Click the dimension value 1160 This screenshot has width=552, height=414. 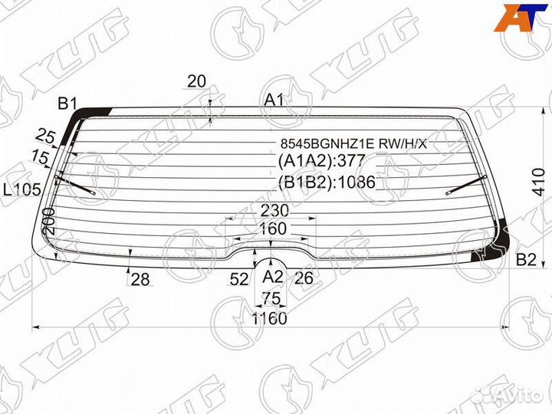point(270,319)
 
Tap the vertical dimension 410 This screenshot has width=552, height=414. point(539,182)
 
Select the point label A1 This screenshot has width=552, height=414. point(274,100)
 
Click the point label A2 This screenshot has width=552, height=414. point(273,277)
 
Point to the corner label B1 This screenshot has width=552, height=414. point(67,103)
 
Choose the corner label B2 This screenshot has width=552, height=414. point(526,259)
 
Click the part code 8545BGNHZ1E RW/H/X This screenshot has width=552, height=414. point(353,143)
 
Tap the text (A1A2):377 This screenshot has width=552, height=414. point(321,161)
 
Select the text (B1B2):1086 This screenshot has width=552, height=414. point(327,182)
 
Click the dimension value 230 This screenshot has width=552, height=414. point(274,211)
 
